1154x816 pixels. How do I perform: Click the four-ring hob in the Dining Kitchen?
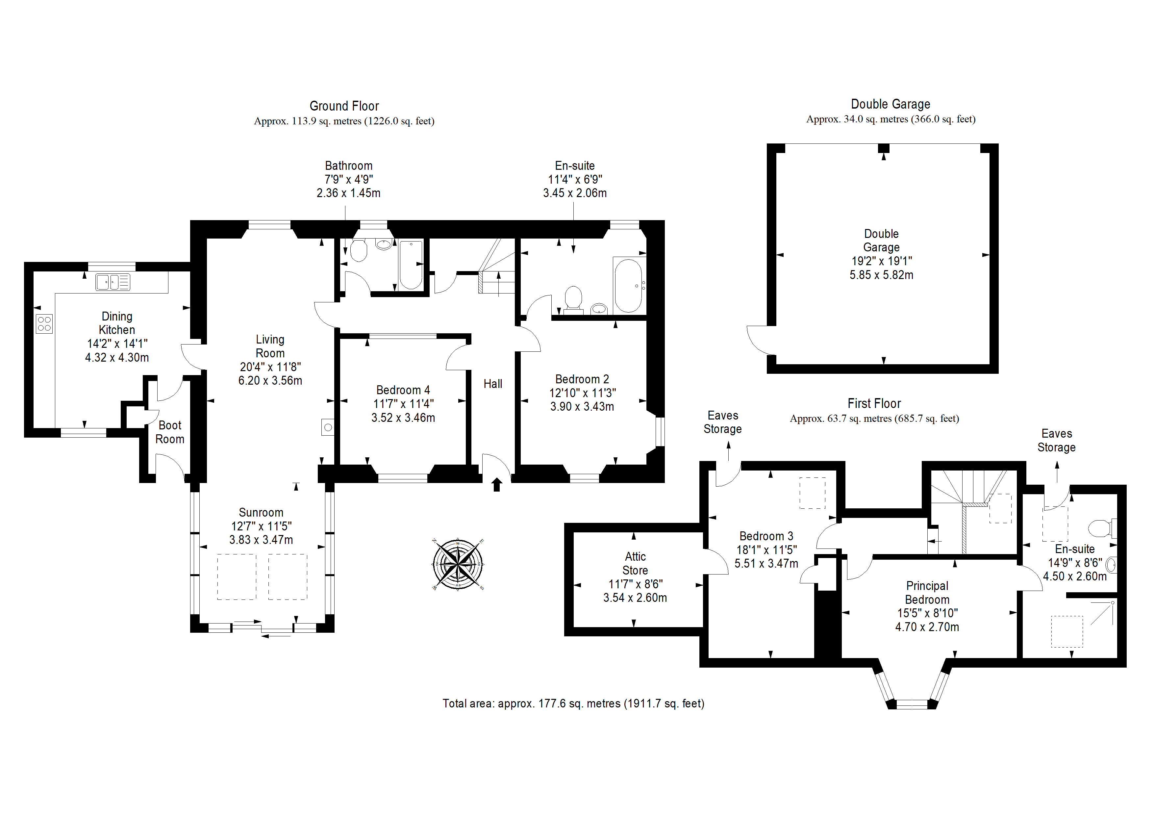pos(44,324)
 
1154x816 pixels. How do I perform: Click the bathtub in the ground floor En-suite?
pos(628,285)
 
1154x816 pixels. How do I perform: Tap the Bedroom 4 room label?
pos(403,390)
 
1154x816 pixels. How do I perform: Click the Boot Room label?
pos(170,432)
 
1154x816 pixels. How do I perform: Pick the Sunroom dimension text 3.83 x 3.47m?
pos(261,540)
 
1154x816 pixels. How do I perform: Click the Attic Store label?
pos(635,564)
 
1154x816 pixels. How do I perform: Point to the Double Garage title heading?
pos(890,104)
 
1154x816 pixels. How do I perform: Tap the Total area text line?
pos(573,703)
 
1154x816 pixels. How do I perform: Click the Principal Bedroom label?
pos(927,593)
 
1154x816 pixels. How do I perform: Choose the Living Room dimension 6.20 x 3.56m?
pos(270,381)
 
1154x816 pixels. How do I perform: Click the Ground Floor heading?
pos(344,106)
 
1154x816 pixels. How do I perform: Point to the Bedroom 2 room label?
pos(582,379)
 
